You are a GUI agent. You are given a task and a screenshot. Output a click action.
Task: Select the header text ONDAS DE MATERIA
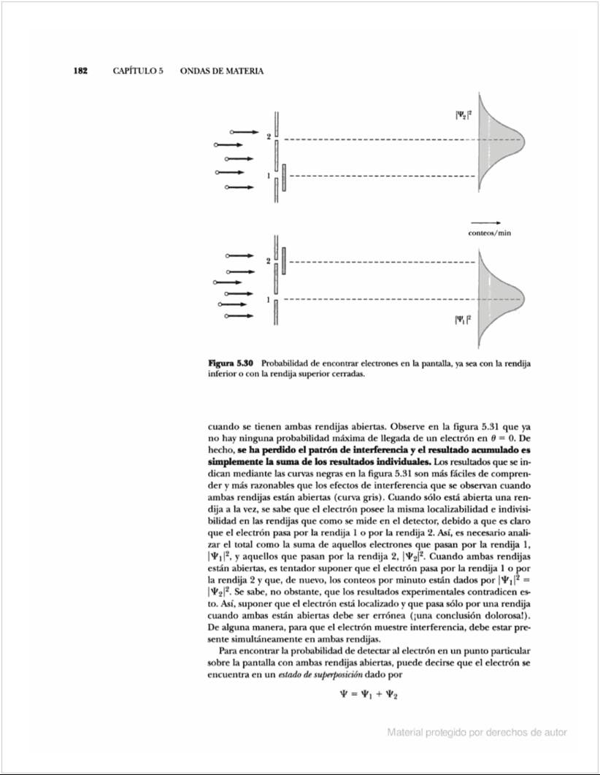pyautogui.click(x=221, y=71)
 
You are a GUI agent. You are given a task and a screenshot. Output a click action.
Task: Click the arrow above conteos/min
pyautogui.click(x=485, y=222)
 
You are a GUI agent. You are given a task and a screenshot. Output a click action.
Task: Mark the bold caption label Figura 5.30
pyautogui.click(x=231, y=363)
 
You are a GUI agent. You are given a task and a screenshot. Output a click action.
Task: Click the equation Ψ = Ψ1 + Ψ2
pyautogui.click(x=369, y=695)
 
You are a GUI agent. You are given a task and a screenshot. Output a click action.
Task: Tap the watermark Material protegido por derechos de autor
pyautogui.click(x=477, y=732)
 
